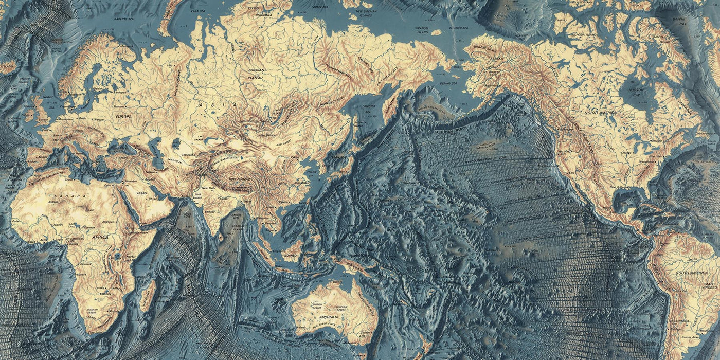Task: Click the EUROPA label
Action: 123,117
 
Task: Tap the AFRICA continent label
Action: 100,237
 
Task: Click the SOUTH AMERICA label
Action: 689,273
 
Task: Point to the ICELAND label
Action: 8,66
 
